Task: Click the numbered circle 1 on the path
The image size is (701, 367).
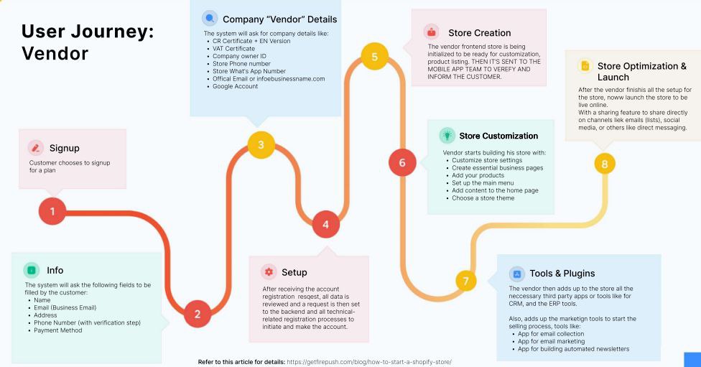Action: coord(52,211)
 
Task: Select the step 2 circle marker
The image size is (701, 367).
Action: coord(198,314)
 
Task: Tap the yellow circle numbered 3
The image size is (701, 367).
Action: coord(261,144)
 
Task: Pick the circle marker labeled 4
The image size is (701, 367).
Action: coord(325,224)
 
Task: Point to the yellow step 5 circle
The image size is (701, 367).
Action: coord(375,57)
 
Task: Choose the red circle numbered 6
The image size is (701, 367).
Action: coord(402,162)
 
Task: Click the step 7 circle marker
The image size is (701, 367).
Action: coord(465,281)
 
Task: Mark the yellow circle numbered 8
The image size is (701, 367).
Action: coord(605,164)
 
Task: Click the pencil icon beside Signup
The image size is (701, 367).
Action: coord(36,148)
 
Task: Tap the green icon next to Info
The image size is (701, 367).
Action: coord(32,270)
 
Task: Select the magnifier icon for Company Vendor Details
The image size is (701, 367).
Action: coord(209,19)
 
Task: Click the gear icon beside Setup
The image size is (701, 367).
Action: coord(269,271)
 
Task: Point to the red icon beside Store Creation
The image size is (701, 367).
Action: coord(431,32)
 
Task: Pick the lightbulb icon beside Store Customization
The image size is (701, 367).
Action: coord(447,135)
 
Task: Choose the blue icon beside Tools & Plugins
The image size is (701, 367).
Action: coord(516,274)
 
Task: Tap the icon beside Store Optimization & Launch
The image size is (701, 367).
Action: coord(585,66)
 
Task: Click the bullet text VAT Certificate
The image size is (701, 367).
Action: coord(233,49)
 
